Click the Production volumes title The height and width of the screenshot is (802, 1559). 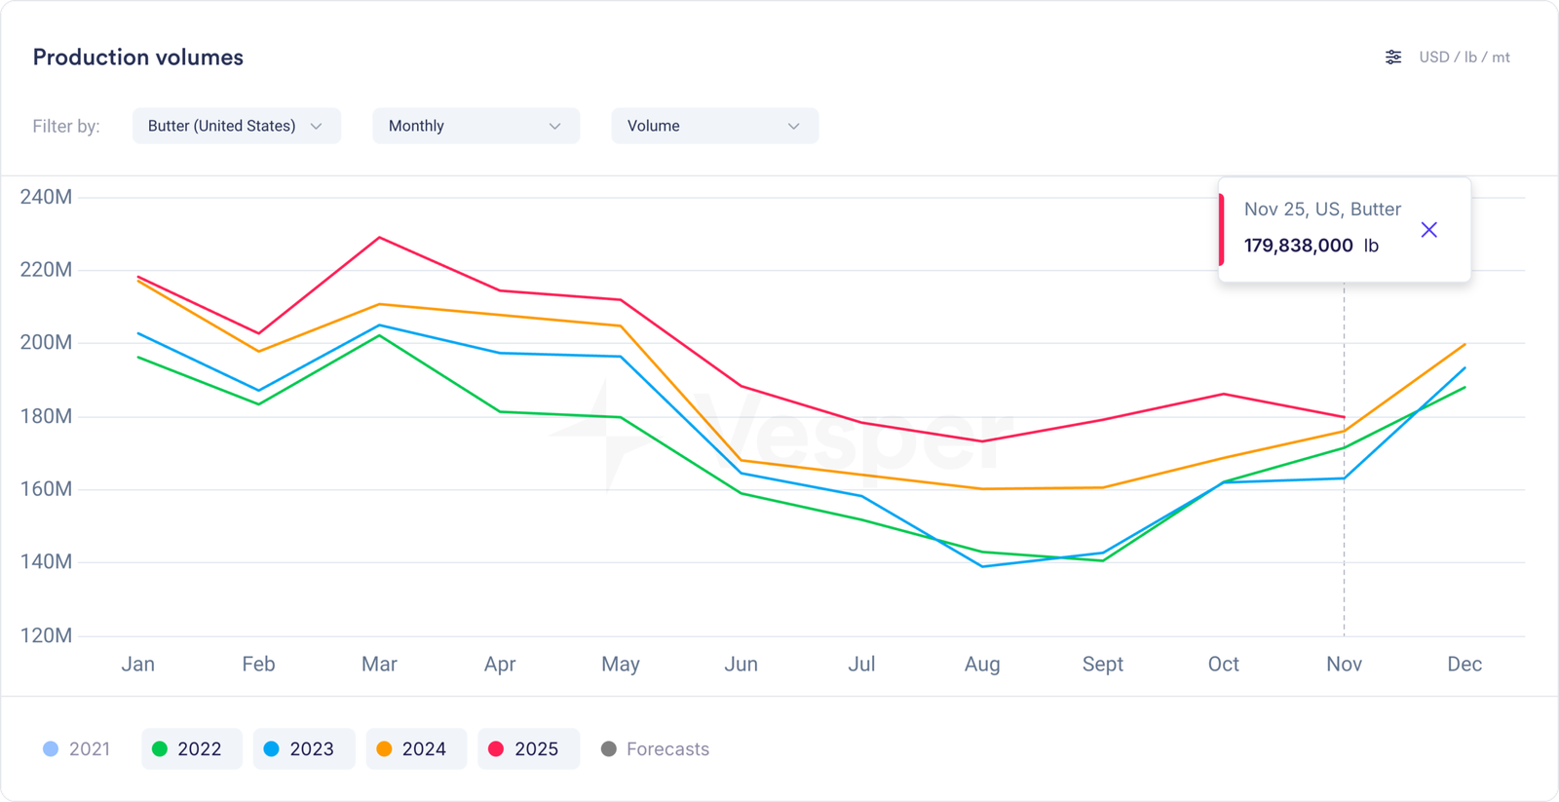click(138, 57)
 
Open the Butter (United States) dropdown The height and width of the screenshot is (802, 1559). click(236, 126)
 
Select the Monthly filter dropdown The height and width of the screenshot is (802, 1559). click(475, 126)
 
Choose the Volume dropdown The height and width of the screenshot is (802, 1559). click(714, 126)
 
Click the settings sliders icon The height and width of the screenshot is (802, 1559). click(1393, 57)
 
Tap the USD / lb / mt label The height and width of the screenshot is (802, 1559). click(1464, 57)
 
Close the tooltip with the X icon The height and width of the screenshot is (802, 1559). click(1428, 230)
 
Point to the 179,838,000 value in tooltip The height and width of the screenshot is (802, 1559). click(1298, 246)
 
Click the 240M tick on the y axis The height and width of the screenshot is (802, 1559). click(46, 197)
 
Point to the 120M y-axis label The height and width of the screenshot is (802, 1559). click(46, 635)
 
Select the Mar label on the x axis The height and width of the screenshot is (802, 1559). click(379, 664)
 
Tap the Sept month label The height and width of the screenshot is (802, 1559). click(1102, 664)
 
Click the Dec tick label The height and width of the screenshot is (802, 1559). click(1464, 664)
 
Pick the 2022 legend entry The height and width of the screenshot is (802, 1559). click(191, 748)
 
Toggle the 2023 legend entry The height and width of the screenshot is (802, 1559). click(303, 748)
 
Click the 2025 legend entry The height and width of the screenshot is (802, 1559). click(528, 748)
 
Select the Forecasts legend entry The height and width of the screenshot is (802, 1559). click(656, 748)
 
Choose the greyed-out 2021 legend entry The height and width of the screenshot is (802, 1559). click(77, 748)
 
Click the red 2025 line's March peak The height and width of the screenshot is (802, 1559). click(379, 238)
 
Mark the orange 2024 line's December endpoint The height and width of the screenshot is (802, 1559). click(1464, 344)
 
